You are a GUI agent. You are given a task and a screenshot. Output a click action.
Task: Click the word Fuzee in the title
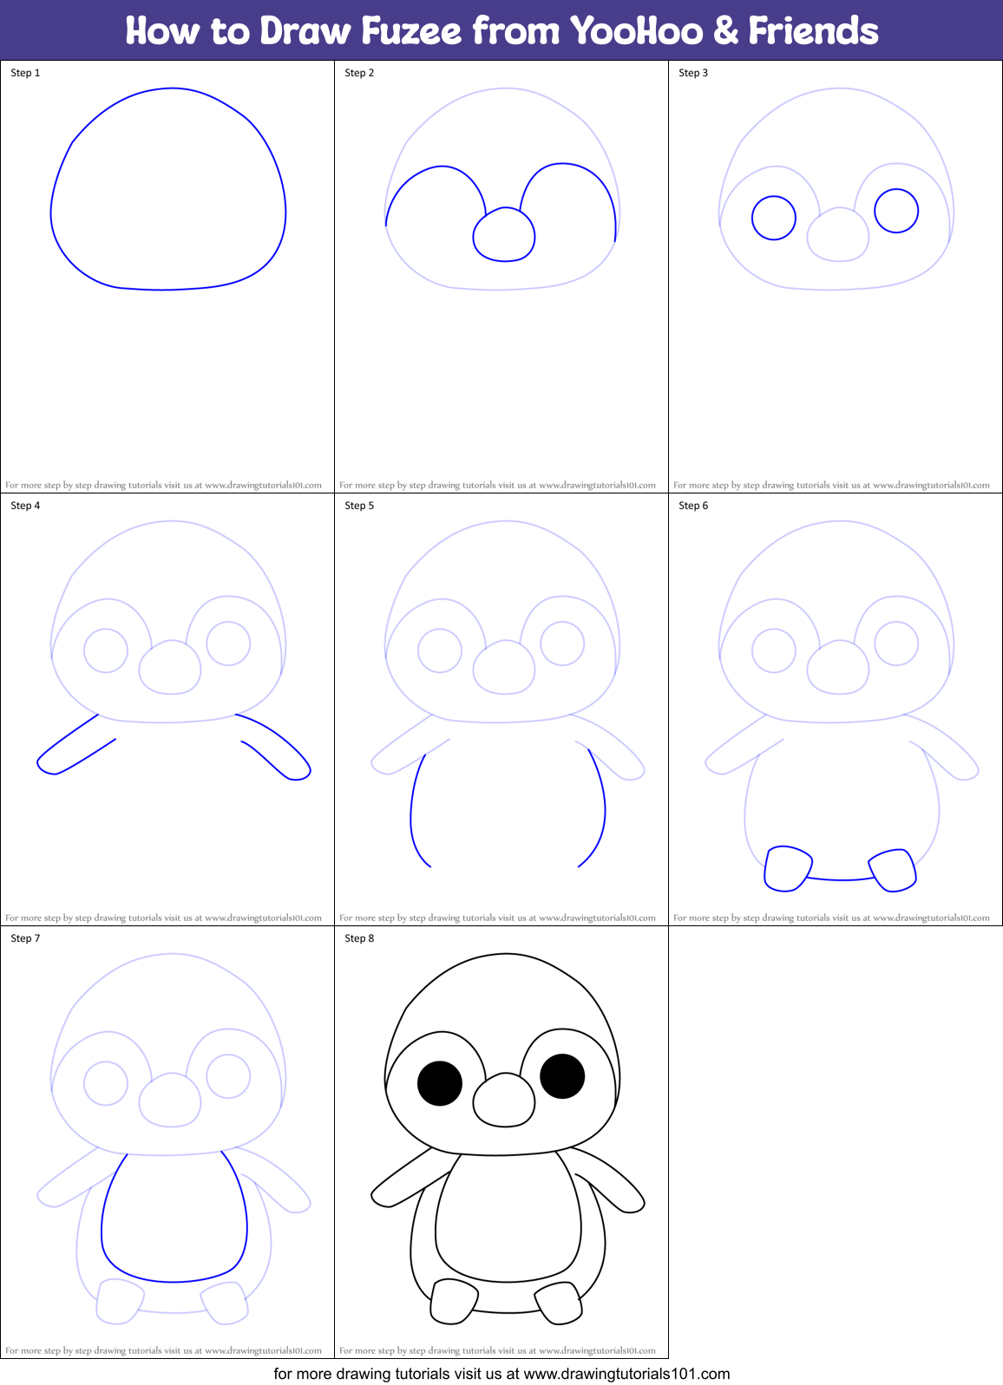point(411,31)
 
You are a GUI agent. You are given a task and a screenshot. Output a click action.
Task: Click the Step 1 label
point(25,73)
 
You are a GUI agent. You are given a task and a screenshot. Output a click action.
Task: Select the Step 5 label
point(359,506)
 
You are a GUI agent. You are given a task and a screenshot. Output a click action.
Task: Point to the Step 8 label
point(359,938)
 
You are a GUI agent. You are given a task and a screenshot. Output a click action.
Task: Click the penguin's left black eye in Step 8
point(440,1083)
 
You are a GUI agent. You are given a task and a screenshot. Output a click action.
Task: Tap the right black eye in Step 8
point(562,1076)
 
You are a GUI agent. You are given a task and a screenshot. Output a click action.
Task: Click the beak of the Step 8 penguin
point(504,1101)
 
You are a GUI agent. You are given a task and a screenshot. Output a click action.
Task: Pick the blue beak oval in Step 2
point(504,235)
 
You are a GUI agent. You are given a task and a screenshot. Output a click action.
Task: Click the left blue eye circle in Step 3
point(774,218)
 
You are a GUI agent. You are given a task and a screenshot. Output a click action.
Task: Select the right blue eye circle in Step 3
point(896,211)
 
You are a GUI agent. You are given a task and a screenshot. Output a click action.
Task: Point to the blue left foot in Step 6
point(787,869)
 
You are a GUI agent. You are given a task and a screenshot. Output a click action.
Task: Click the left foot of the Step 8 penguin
point(454,1302)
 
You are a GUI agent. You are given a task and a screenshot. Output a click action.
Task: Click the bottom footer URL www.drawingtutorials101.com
point(626,1374)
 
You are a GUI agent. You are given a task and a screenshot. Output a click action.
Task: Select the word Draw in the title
point(306,31)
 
